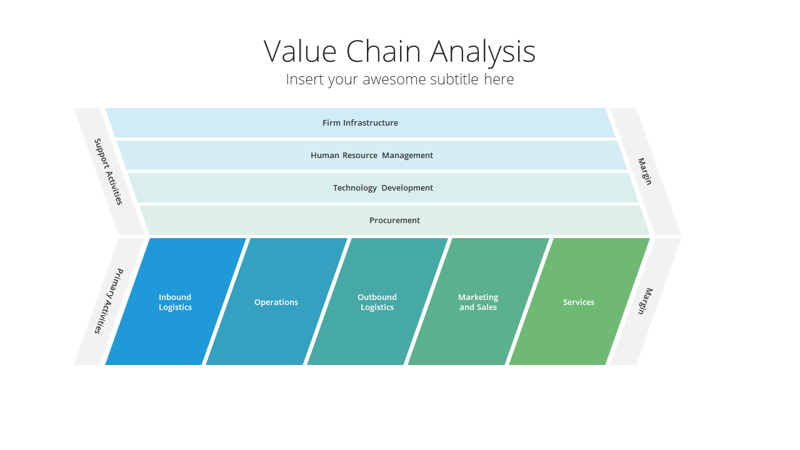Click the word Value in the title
tap(300, 51)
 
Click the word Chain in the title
tap(383, 51)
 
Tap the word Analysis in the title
tap(482, 53)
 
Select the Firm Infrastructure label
tap(360, 123)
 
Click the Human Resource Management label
tap(372, 156)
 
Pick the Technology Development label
tap(383, 188)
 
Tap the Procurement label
tap(394, 221)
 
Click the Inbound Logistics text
tap(175, 302)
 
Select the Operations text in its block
tap(276, 302)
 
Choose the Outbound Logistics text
tap(377, 302)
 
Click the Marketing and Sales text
tap(478, 302)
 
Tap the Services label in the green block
tap(579, 302)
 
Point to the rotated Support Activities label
tap(108, 172)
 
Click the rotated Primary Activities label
tap(109, 301)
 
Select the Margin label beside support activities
tap(645, 171)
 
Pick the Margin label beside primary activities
tap(646, 301)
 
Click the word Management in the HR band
tap(407, 156)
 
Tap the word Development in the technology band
tap(407, 188)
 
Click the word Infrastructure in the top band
tap(371, 123)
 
